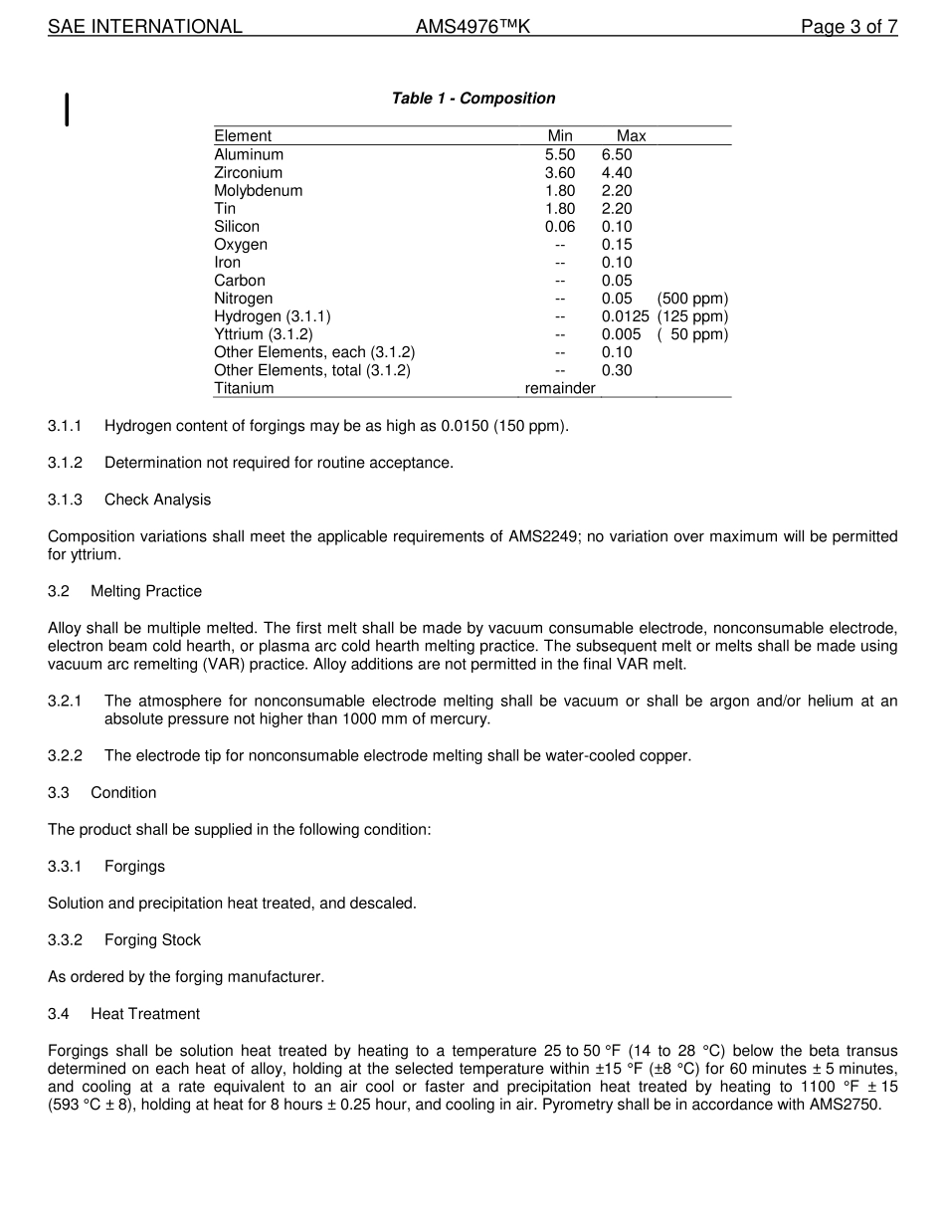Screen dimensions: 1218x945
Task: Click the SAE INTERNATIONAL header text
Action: [145, 27]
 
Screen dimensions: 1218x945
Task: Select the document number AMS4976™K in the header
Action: [472, 27]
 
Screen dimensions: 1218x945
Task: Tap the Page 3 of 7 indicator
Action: [849, 27]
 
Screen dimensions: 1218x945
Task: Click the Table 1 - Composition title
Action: [472, 99]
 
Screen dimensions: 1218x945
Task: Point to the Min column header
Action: [560, 136]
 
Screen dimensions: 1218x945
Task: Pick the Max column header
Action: [631, 136]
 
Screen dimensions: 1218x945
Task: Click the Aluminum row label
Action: [249, 155]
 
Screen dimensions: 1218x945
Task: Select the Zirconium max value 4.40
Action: [617, 173]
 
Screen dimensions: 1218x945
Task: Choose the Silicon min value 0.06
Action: [560, 227]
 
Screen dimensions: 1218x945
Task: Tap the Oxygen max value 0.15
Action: [617, 245]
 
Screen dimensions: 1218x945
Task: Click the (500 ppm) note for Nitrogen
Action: [692, 299]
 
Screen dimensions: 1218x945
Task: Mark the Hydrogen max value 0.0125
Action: [625, 316]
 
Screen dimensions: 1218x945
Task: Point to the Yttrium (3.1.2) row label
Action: [263, 334]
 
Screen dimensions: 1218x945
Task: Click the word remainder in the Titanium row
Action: [560, 388]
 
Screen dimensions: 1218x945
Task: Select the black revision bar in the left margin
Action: [67, 109]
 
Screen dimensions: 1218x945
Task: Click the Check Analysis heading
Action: [157, 500]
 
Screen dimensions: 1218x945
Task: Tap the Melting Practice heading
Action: [145, 591]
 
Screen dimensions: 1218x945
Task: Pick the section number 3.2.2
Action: [65, 755]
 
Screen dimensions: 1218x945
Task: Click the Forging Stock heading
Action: [152, 940]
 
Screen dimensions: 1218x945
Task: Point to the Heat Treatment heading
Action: [144, 1014]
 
